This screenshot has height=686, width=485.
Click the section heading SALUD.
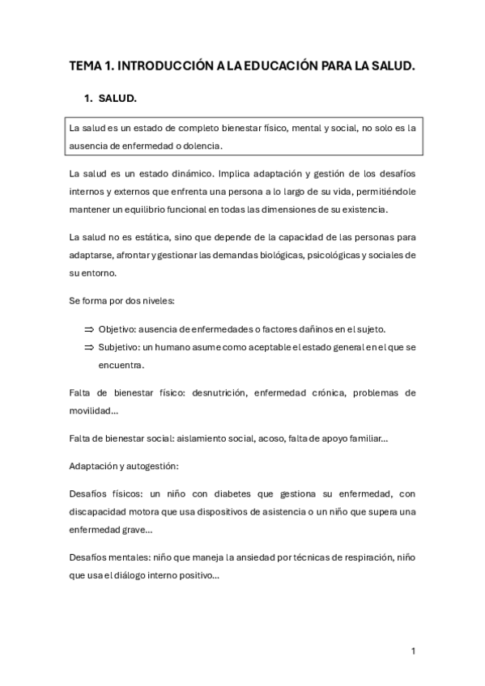118,100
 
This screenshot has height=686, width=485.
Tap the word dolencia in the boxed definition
199,146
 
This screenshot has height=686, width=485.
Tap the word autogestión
149,466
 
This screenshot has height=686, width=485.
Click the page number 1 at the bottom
413,650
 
